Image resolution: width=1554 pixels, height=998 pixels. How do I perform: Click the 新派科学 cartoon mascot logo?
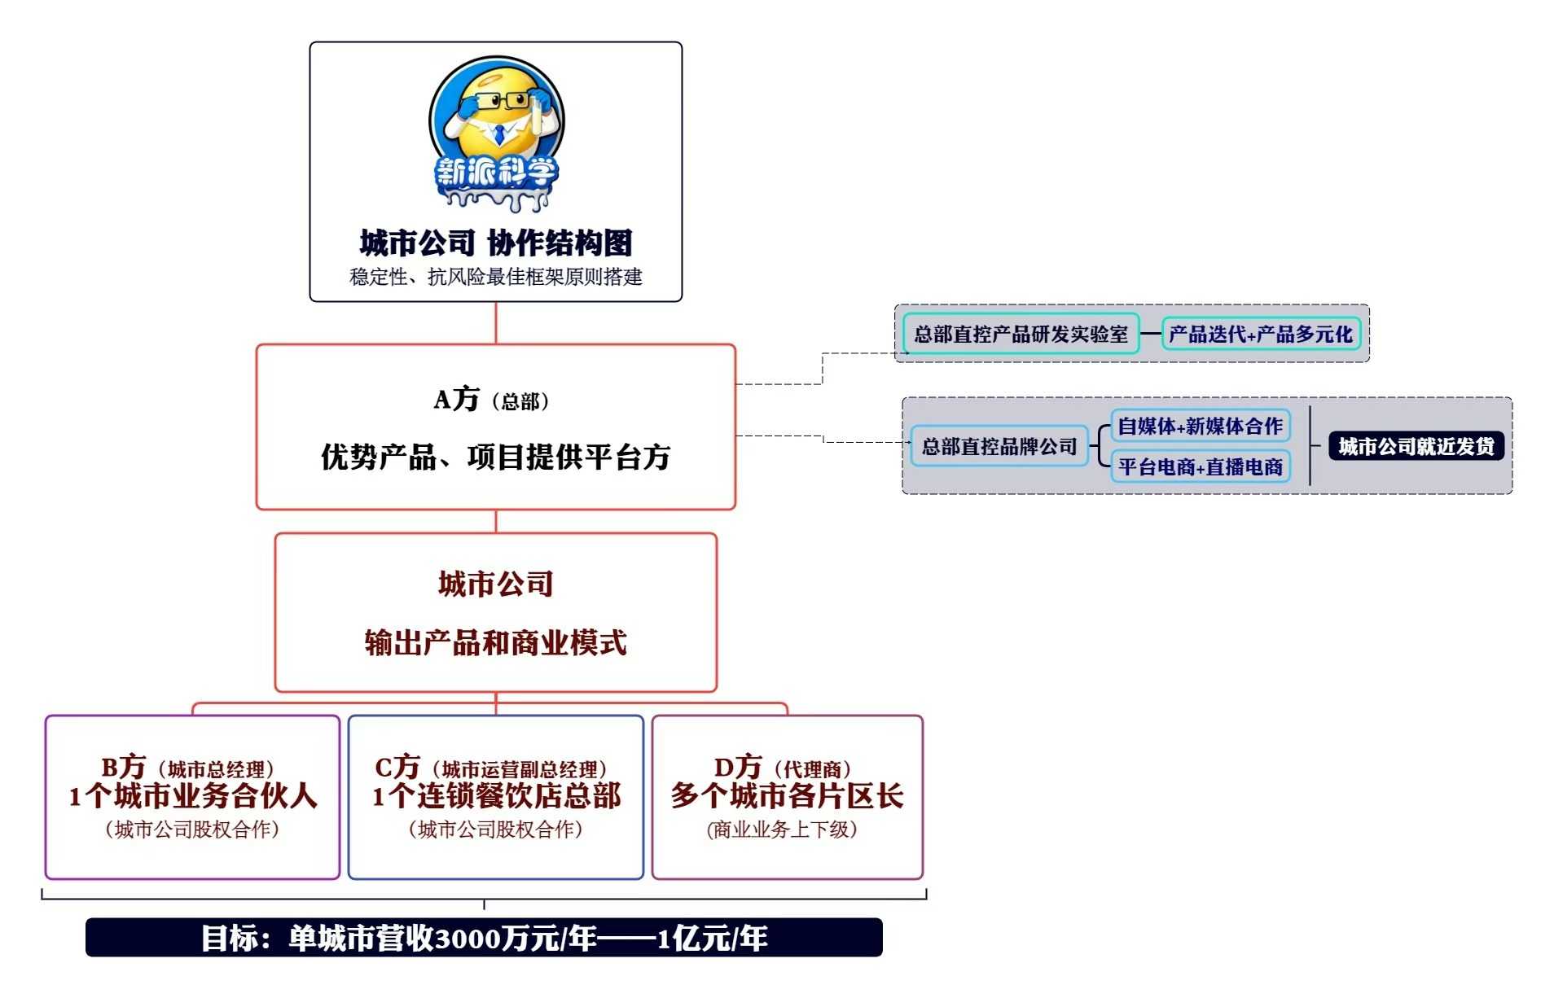click(x=496, y=134)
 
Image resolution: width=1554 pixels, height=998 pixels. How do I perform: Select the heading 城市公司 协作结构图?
click(x=496, y=243)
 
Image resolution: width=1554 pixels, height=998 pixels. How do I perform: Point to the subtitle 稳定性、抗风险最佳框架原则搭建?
click(x=496, y=278)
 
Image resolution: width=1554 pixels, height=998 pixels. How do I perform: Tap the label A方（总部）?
click(x=492, y=401)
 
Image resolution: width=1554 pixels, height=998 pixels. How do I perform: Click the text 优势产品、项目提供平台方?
click(x=495, y=457)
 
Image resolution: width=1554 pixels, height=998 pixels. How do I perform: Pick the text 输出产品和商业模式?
click(x=495, y=643)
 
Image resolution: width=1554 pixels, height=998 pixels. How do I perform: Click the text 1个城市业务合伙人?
click(x=192, y=796)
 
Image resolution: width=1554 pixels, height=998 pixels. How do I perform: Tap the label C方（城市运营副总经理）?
click(x=491, y=768)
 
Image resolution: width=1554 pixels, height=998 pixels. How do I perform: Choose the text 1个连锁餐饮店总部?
click(x=496, y=796)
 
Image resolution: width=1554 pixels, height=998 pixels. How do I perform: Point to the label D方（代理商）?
click(x=783, y=768)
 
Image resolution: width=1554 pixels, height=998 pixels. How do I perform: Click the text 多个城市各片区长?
click(x=787, y=796)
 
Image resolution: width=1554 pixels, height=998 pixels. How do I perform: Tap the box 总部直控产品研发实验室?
click(x=1021, y=334)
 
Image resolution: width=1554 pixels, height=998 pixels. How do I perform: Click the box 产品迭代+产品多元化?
click(x=1260, y=334)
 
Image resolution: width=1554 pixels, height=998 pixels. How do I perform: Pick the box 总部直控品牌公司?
click(x=999, y=446)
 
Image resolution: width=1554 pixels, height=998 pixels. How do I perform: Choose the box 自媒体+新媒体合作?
click(x=1200, y=426)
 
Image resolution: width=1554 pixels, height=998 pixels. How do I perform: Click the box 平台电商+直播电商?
click(x=1200, y=466)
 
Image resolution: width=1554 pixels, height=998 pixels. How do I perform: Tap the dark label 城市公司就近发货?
click(x=1416, y=446)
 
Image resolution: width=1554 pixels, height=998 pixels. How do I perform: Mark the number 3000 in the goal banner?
click(x=468, y=939)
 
